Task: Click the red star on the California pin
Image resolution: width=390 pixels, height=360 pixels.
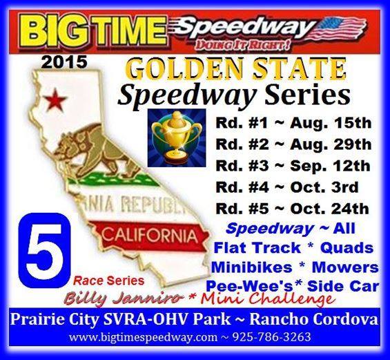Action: coord(55,100)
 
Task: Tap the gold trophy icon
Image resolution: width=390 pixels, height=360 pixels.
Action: coord(177,138)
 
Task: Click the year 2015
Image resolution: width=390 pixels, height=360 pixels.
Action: coord(64,62)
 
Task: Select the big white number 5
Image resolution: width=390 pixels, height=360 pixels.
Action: coord(45,249)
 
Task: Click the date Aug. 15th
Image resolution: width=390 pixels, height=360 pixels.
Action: coord(331,123)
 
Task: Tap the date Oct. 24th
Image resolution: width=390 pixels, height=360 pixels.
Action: coord(329,209)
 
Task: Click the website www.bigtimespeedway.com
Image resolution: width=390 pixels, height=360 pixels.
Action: coord(143,338)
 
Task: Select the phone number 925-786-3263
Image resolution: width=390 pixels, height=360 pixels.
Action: coord(271,337)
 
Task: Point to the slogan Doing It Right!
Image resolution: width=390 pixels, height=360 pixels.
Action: coord(242,46)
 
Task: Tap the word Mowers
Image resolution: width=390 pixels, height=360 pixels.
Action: coord(345,267)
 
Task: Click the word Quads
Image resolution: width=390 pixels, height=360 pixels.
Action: coord(347,248)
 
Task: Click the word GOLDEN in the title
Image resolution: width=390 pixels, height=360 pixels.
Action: coord(184,69)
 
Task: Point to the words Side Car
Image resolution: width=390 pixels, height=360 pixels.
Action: coord(343,287)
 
